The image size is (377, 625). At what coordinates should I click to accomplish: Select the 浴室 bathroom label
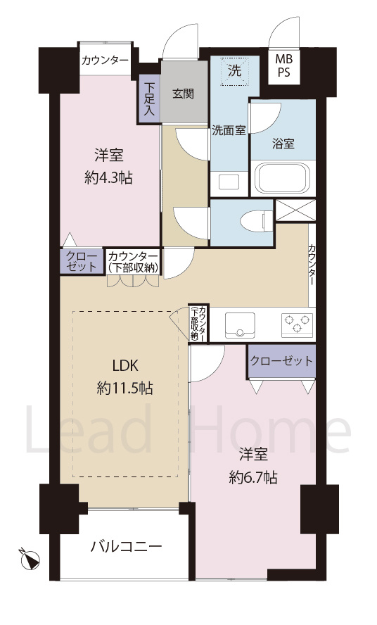[283, 143]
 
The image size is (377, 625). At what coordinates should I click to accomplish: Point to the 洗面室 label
[229, 130]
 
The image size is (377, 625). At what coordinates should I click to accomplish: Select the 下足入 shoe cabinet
[149, 99]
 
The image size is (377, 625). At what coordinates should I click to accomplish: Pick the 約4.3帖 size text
[108, 178]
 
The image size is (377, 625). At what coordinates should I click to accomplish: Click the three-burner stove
[296, 324]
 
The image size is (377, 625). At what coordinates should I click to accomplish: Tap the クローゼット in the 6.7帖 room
[281, 361]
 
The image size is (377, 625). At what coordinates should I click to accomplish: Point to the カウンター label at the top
[105, 61]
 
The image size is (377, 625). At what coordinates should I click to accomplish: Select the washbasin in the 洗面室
[229, 181]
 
